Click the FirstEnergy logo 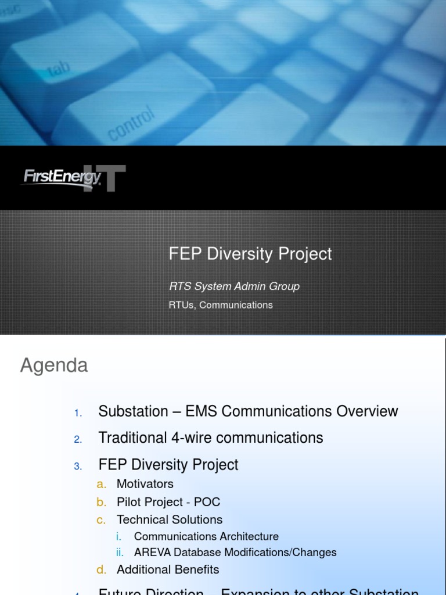pyautogui.click(x=61, y=177)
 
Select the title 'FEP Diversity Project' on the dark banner pyautogui.click(x=250, y=254)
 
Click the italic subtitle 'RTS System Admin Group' pyautogui.click(x=234, y=286)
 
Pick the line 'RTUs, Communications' pyautogui.click(x=220, y=304)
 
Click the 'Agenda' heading pyautogui.click(x=54, y=365)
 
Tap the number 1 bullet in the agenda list pyautogui.click(x=78, y=413)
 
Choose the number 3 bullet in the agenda pyautogui.click(x=78, y=466)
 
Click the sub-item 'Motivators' pyautogui.click(x=145, y=483)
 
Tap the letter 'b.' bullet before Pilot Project pyautogui.click(x=102, y=502)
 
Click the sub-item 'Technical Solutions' pyautogui.click(x=169, y=519)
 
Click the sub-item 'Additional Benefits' pyautogui.click(x=168, y=569)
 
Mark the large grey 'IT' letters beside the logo pyautogui.click(x=113, y=179)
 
